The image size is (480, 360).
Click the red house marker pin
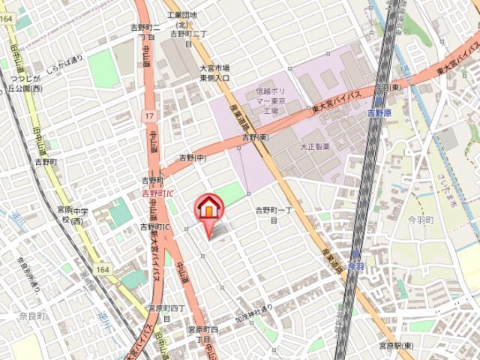[x=209, y=208]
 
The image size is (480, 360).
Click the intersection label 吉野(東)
[x=255, y=138]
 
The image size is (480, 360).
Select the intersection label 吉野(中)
[x=192, y=158]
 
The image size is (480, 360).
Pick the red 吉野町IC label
[x=157, y=193]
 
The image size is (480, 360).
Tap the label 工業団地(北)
[x=181, y=19]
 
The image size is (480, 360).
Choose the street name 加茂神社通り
[x=253, y=314]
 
